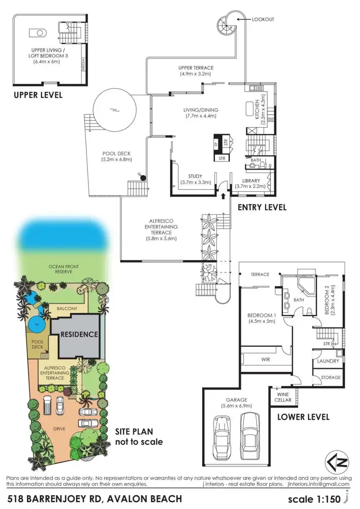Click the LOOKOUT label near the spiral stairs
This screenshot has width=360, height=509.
[x=264, y=20]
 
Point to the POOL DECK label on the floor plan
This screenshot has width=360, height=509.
[x=116, y=156]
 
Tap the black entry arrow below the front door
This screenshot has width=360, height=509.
[x=223, y=196]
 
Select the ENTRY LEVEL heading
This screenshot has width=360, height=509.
[x=262, y=207]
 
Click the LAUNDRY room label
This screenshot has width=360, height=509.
[x=328, y=361]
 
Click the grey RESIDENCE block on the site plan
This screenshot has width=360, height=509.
[x=79, y=334]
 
